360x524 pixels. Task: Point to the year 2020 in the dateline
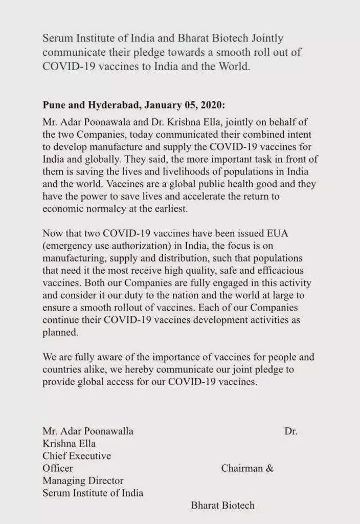click(x=212, y=105)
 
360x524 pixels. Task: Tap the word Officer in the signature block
click(x=58, y=468)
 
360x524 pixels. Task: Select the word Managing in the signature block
click(x=62, y=481)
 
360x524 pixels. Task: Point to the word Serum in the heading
click(x=57, y=39)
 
